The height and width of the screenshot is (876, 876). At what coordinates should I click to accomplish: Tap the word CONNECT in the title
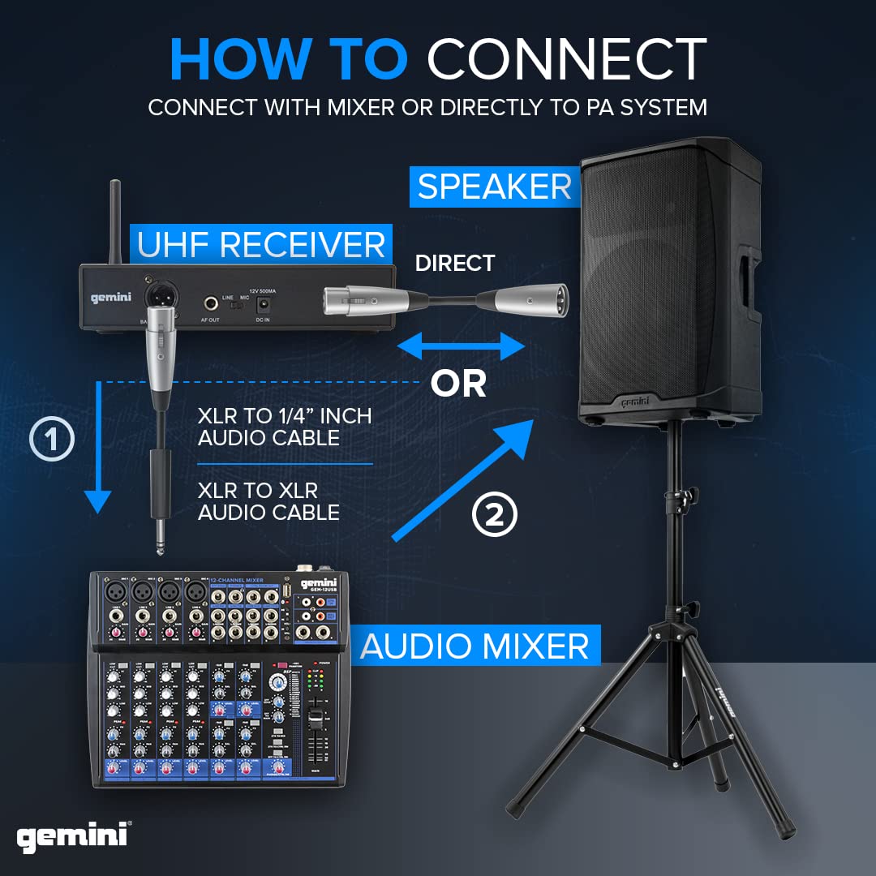pos(567,59)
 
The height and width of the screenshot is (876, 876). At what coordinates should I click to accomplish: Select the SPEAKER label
pos(494,187)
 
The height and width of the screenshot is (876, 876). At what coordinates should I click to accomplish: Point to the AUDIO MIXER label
pos(474,646)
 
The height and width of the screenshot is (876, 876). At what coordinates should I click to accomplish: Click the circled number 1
pos(52,440)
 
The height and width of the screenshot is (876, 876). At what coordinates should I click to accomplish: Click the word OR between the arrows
pos(458,384)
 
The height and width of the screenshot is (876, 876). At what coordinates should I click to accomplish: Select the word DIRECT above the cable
pos(454,263)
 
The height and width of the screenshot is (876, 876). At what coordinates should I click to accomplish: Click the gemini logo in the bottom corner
pos(74,836)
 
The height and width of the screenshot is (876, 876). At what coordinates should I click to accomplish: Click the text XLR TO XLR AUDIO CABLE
pos(268,500)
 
